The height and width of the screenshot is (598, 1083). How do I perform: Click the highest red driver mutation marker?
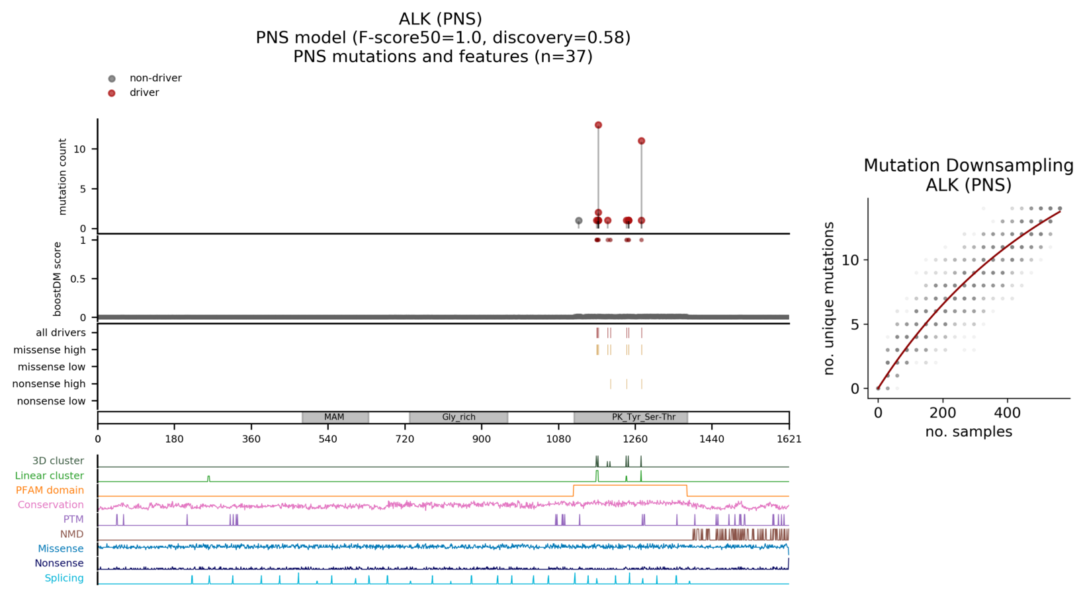point(598,125)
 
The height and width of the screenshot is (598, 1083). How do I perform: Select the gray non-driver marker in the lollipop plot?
point(579,221)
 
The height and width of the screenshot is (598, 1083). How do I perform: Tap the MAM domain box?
point(335,417)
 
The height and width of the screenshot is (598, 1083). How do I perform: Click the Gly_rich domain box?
point(458,417)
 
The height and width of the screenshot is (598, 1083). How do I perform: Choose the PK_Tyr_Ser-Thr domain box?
point(630,417)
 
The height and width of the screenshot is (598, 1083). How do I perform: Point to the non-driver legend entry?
point(155,78)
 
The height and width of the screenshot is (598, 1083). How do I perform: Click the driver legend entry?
point(144,93)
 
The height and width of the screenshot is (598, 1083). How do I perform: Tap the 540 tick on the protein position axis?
point(328,439)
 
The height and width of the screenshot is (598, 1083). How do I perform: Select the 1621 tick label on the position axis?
point(789,439)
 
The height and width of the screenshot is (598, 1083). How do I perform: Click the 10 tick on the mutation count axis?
point(80,149)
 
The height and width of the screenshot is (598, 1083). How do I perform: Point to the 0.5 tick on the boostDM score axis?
point(77,279)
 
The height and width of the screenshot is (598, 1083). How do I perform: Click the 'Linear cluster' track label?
point(50,476)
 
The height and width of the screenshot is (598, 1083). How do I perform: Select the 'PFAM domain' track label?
point(50,490)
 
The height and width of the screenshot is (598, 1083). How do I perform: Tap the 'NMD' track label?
point(72,534)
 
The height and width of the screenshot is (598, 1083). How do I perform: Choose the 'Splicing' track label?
point(64,578)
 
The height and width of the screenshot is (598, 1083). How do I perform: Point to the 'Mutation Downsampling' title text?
point(968,165)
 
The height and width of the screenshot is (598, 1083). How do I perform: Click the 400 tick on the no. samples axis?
point(1008,413)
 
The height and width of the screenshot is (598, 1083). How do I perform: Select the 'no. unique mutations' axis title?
point(829,299)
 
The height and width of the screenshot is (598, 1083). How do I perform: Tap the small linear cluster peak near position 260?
point(208,478)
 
